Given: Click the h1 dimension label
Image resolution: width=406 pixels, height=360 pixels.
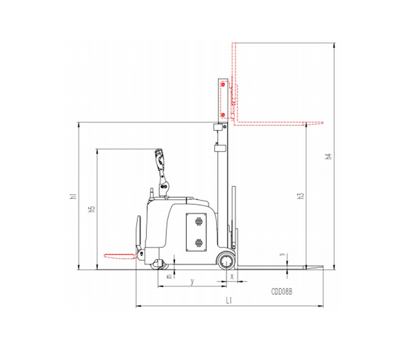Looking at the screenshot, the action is point(74,196).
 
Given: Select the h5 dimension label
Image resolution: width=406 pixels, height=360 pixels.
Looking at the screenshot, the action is point(92,209).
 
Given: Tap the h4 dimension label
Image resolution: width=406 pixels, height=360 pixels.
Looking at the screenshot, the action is point(328,156).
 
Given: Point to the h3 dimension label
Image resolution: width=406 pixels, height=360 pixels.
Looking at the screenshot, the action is point(301,196).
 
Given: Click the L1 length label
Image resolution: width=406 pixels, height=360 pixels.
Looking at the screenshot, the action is point(229,301).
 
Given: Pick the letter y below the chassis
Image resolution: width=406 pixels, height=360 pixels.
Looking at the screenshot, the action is point(192,281).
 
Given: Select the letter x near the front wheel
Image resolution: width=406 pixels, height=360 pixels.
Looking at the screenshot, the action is point(232,277).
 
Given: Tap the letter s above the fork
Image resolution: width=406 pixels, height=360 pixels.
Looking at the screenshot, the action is point(283,254).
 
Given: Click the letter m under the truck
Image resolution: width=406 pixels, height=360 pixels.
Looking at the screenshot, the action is point(170,276).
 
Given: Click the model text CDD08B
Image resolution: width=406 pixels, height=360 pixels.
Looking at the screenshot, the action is point(282,292).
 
